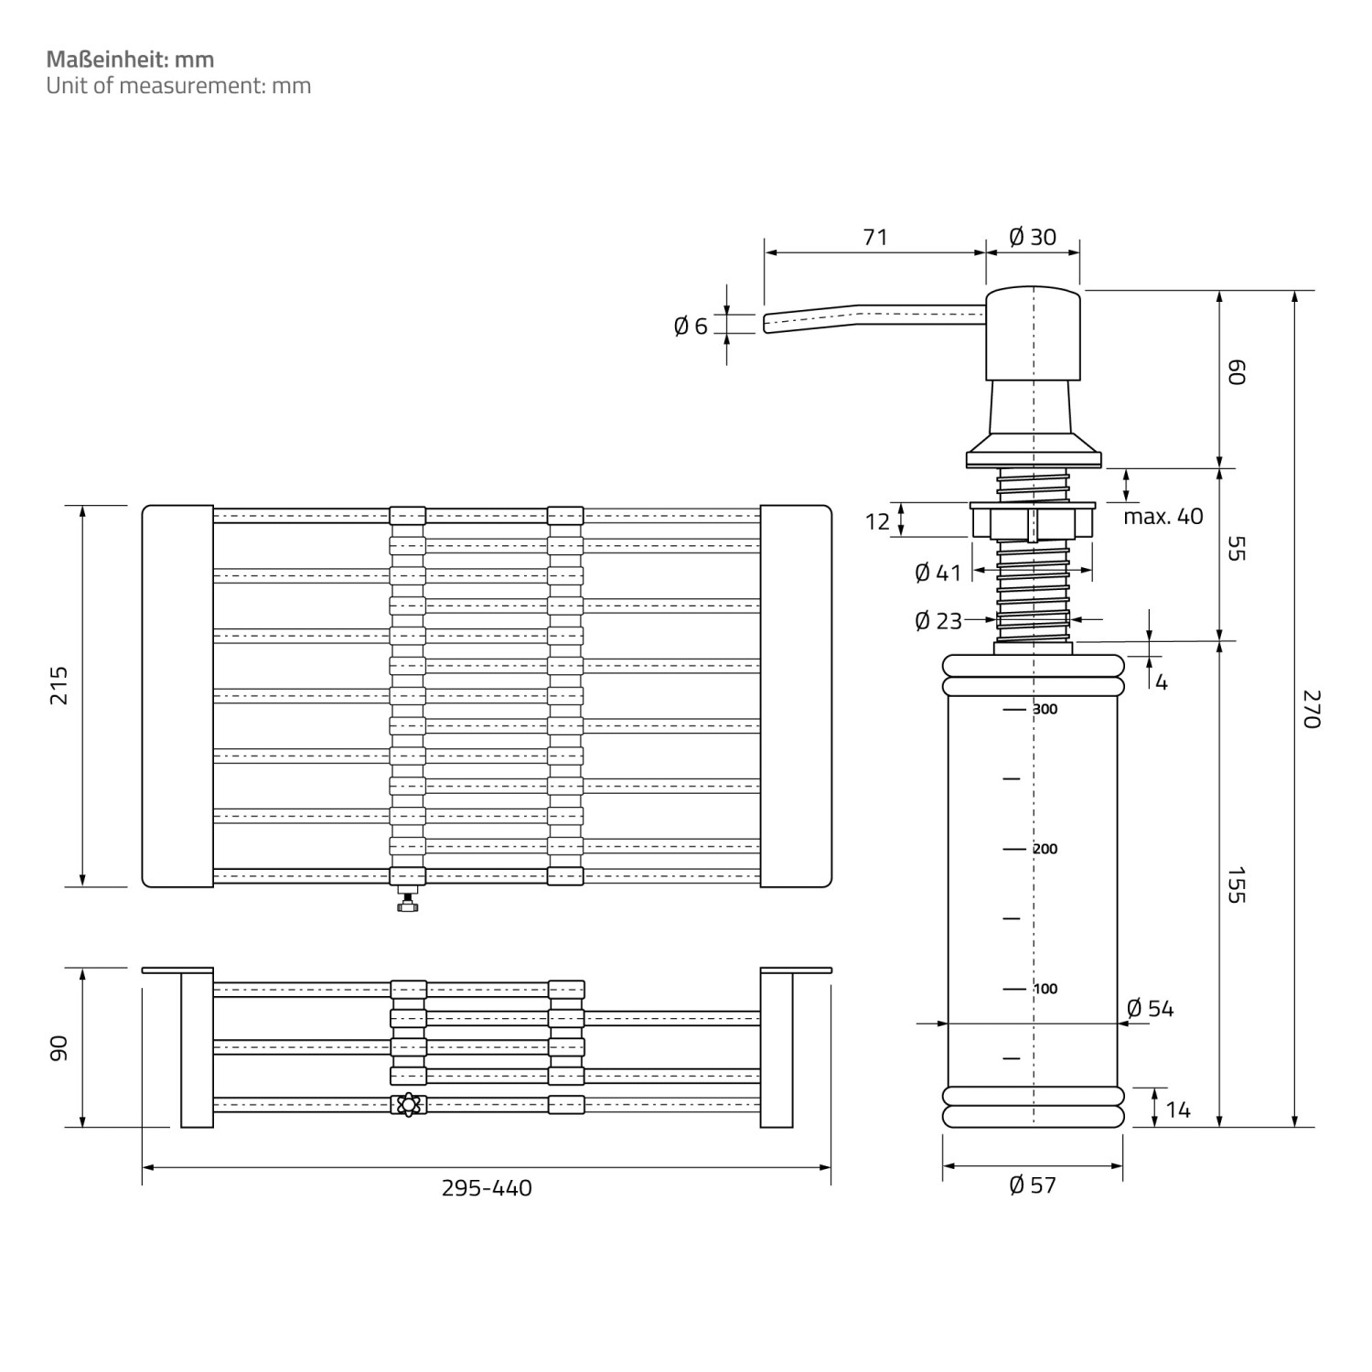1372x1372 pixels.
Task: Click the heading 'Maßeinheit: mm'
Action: pos(130,59)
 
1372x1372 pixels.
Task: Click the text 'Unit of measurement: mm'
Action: pos(178,86)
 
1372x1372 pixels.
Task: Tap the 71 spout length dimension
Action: pos(874,237)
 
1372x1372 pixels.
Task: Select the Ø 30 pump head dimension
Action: pos(1033,237)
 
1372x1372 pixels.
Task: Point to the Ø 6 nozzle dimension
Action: pos(691,326)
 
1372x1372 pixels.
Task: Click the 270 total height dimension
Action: pos(1312,709)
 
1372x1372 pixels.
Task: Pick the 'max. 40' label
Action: pos(1163,517)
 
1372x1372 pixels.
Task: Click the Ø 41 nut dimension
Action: pos(938,573)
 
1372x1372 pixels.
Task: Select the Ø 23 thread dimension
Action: pos(938,621)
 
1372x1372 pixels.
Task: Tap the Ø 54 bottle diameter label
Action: pos(1150,1008)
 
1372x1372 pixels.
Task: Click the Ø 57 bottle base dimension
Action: pos(1033,1185)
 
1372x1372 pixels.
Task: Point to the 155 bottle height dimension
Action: pos(1236,884)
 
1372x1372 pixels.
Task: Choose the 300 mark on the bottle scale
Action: pos(1045,710)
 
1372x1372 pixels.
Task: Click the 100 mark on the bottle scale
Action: pos(1045,989)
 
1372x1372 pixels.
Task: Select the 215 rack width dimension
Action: pos(59,685)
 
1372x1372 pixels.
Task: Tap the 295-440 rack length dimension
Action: pos(487,1188)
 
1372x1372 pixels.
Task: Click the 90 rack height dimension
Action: pos(59,1048)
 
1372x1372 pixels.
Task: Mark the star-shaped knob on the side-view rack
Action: pos(408,1105)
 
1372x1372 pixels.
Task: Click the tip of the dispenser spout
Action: pos(766,325)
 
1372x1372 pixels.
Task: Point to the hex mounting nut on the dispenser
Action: pos(1033,522)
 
